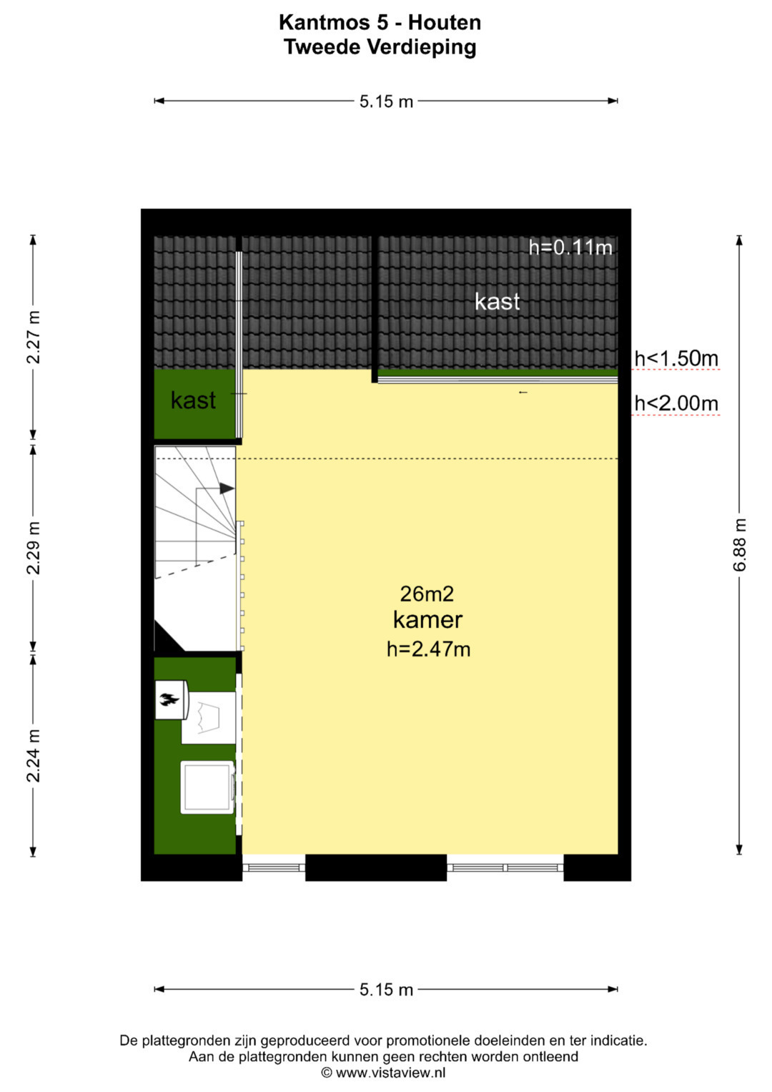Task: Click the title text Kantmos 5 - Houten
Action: click(x=380, y=22)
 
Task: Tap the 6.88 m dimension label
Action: click(x=739, y=544)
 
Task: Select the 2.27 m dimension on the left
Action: click(x=33, y=337)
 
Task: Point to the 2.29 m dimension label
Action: click(x=33, y=548)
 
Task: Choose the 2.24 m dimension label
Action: click(x=33, y=756)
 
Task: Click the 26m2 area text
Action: click(x=427, y=594)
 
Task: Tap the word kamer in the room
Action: click(x=427, y=620)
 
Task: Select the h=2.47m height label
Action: click(x=428, y=649)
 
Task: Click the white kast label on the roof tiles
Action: click(x=497, y=301)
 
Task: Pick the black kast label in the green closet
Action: click(x=193, y=400)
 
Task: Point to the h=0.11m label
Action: click(x=570, y=247)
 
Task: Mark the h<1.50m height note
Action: click(x=676, y=359)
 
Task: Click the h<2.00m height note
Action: click(x=676, y=403)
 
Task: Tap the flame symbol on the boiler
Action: click(x=169, y=701)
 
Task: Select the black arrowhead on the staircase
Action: click(x=227, y=488)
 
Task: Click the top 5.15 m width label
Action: click(x=386, y=102)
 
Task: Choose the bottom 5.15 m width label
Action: click(x=386, y=990)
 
